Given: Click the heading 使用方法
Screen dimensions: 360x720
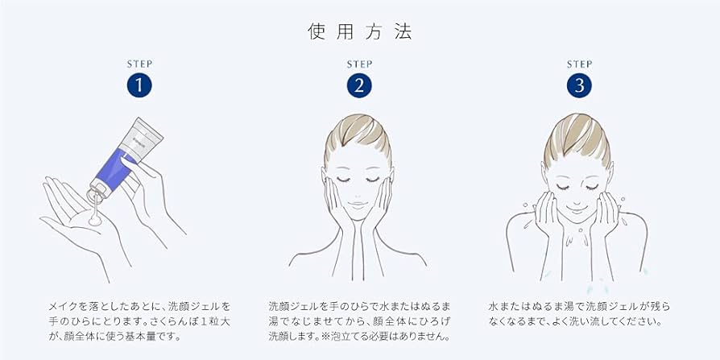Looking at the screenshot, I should tap(359, 32).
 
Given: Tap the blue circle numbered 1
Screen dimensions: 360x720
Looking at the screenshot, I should tap(139, 85).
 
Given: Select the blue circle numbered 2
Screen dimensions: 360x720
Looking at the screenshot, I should tap(359, 85).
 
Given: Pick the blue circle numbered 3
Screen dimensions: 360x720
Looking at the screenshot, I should tap(579, 85).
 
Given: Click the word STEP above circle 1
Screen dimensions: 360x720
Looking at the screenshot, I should tap(139, 64).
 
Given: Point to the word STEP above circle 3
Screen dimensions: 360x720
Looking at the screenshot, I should tap(579, 64).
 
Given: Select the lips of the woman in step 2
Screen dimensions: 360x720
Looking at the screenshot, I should tap(361, 198).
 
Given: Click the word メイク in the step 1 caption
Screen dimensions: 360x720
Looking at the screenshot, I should tap(63, 307).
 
